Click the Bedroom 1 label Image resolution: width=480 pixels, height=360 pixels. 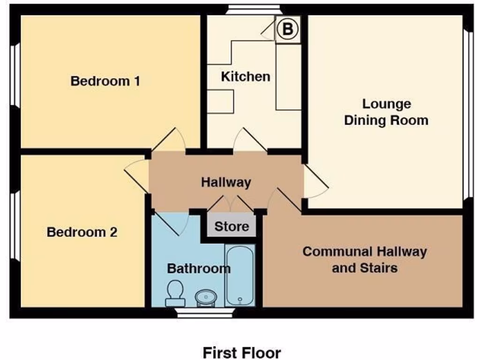105,81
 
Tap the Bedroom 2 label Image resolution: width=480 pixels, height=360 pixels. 82,232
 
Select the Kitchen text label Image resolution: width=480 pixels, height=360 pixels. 246,76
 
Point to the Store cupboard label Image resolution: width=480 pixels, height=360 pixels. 232,227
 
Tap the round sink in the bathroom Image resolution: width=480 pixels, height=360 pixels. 206,297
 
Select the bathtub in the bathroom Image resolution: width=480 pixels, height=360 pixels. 240,275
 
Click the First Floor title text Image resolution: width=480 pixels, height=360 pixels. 241,352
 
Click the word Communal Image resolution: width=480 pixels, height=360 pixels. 332,252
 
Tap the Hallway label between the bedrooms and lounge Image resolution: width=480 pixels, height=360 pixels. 226,182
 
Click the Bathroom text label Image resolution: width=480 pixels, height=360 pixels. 199,269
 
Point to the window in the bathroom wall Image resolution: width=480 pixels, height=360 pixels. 205,313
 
